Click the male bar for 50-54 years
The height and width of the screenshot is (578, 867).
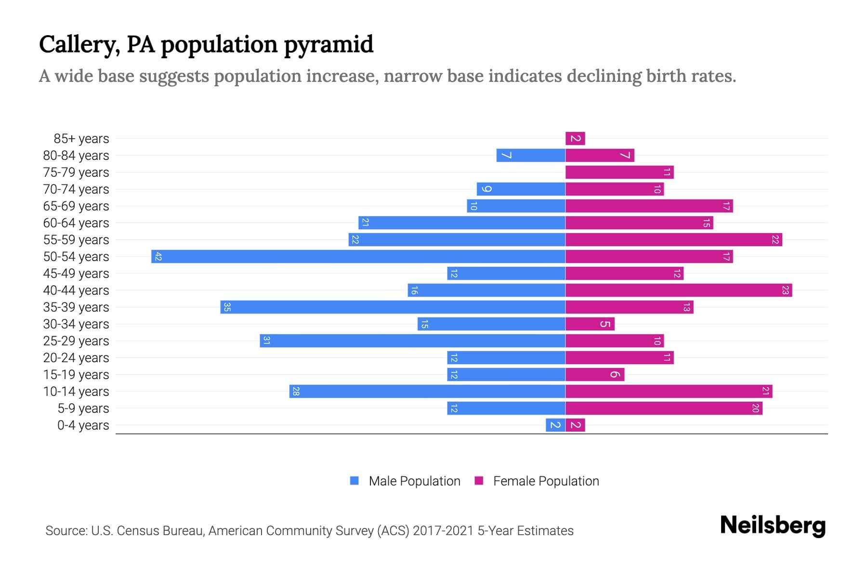coord(358,256)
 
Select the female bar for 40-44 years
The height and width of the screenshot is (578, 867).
coord(678,290)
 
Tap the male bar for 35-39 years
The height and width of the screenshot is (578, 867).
coord(393,307)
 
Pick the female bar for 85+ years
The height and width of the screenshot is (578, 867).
coord(575,138)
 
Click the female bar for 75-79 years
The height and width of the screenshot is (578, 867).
coord(619,172)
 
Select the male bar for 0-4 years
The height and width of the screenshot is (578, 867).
coord(555,425)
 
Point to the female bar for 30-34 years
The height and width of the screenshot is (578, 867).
coord(590,324)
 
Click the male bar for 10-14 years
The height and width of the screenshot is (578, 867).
coord(427,391)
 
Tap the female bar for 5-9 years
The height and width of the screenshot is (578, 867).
coord(664,408)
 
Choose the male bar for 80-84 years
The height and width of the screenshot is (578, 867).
coord(531,155)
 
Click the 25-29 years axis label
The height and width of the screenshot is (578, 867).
coord(76,341)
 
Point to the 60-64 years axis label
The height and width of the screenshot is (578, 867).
coord(76,223)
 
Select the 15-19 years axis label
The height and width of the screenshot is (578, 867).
coord(76,375)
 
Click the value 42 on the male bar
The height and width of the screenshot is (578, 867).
coord(158,256)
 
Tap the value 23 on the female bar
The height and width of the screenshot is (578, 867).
coord(785,290)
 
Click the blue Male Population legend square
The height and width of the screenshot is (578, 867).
coord(355,481)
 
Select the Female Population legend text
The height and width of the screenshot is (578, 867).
coord(546,481)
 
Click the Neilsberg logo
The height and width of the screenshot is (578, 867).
coord(773,525)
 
